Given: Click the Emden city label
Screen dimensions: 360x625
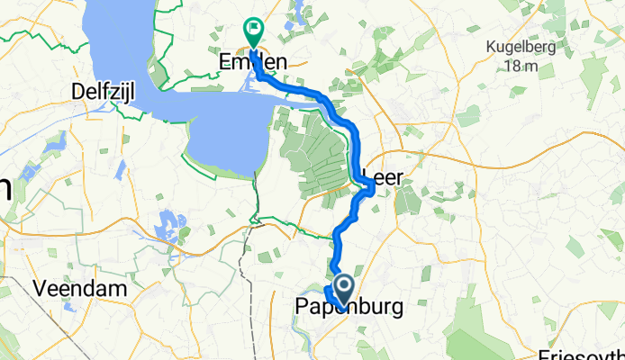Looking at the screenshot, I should [x=253, y=62].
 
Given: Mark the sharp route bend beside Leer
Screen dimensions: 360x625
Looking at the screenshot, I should [x=372, y=186].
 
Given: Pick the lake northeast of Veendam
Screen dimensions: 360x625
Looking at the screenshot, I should [x=168, y=220].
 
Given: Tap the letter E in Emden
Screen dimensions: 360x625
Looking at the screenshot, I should [x=224, y=62].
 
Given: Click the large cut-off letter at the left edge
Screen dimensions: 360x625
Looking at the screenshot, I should [x=5, y=189].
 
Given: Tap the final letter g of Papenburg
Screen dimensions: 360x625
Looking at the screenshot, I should [x=395, y=310].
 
